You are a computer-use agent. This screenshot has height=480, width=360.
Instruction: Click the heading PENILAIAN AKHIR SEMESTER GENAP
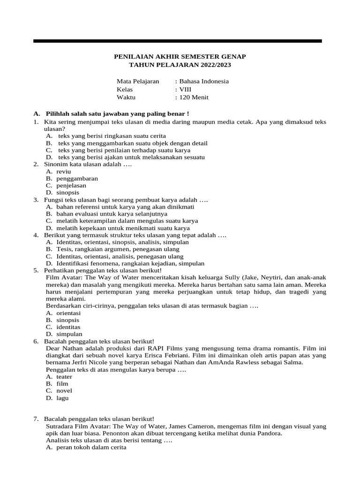click(180, 56)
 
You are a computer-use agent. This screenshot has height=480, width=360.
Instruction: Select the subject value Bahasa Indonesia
click(203, 81)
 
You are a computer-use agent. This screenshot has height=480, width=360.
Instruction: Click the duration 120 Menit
click(193, 97)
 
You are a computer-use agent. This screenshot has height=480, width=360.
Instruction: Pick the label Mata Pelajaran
click(138, 81)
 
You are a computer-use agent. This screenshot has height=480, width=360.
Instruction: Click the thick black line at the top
click(177, 41)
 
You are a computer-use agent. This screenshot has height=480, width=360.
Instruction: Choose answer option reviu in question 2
click(63, 172)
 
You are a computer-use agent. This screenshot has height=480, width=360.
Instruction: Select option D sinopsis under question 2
click(67, 193)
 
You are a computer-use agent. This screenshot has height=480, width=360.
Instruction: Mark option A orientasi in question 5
click(68, 313)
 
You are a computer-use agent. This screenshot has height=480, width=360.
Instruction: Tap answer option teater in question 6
click(64, 376)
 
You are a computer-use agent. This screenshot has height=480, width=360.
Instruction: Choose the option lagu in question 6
click(62, 398)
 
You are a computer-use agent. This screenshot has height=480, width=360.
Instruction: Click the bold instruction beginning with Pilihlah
click(117, 114)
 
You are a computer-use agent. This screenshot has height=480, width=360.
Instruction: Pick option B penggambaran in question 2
click(77, 179)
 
